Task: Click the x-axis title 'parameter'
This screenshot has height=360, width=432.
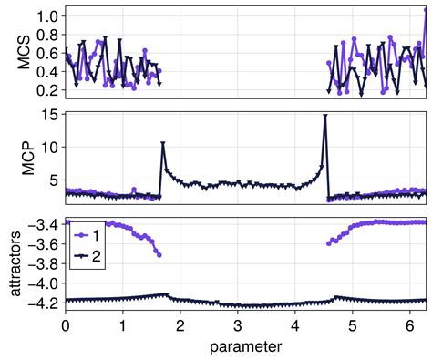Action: pyautogui.click(x=244, y=347)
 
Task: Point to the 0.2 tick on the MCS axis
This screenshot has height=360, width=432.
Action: pyautogui.click(x=48, y=90)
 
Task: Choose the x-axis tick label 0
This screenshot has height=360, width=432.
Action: pyautogui.click(x=65, y=325)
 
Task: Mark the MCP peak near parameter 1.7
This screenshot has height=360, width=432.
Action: pyautogui.click(x=162, y=144)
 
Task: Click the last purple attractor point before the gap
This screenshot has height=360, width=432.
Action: pyautogui.click(x=159, y=255)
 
